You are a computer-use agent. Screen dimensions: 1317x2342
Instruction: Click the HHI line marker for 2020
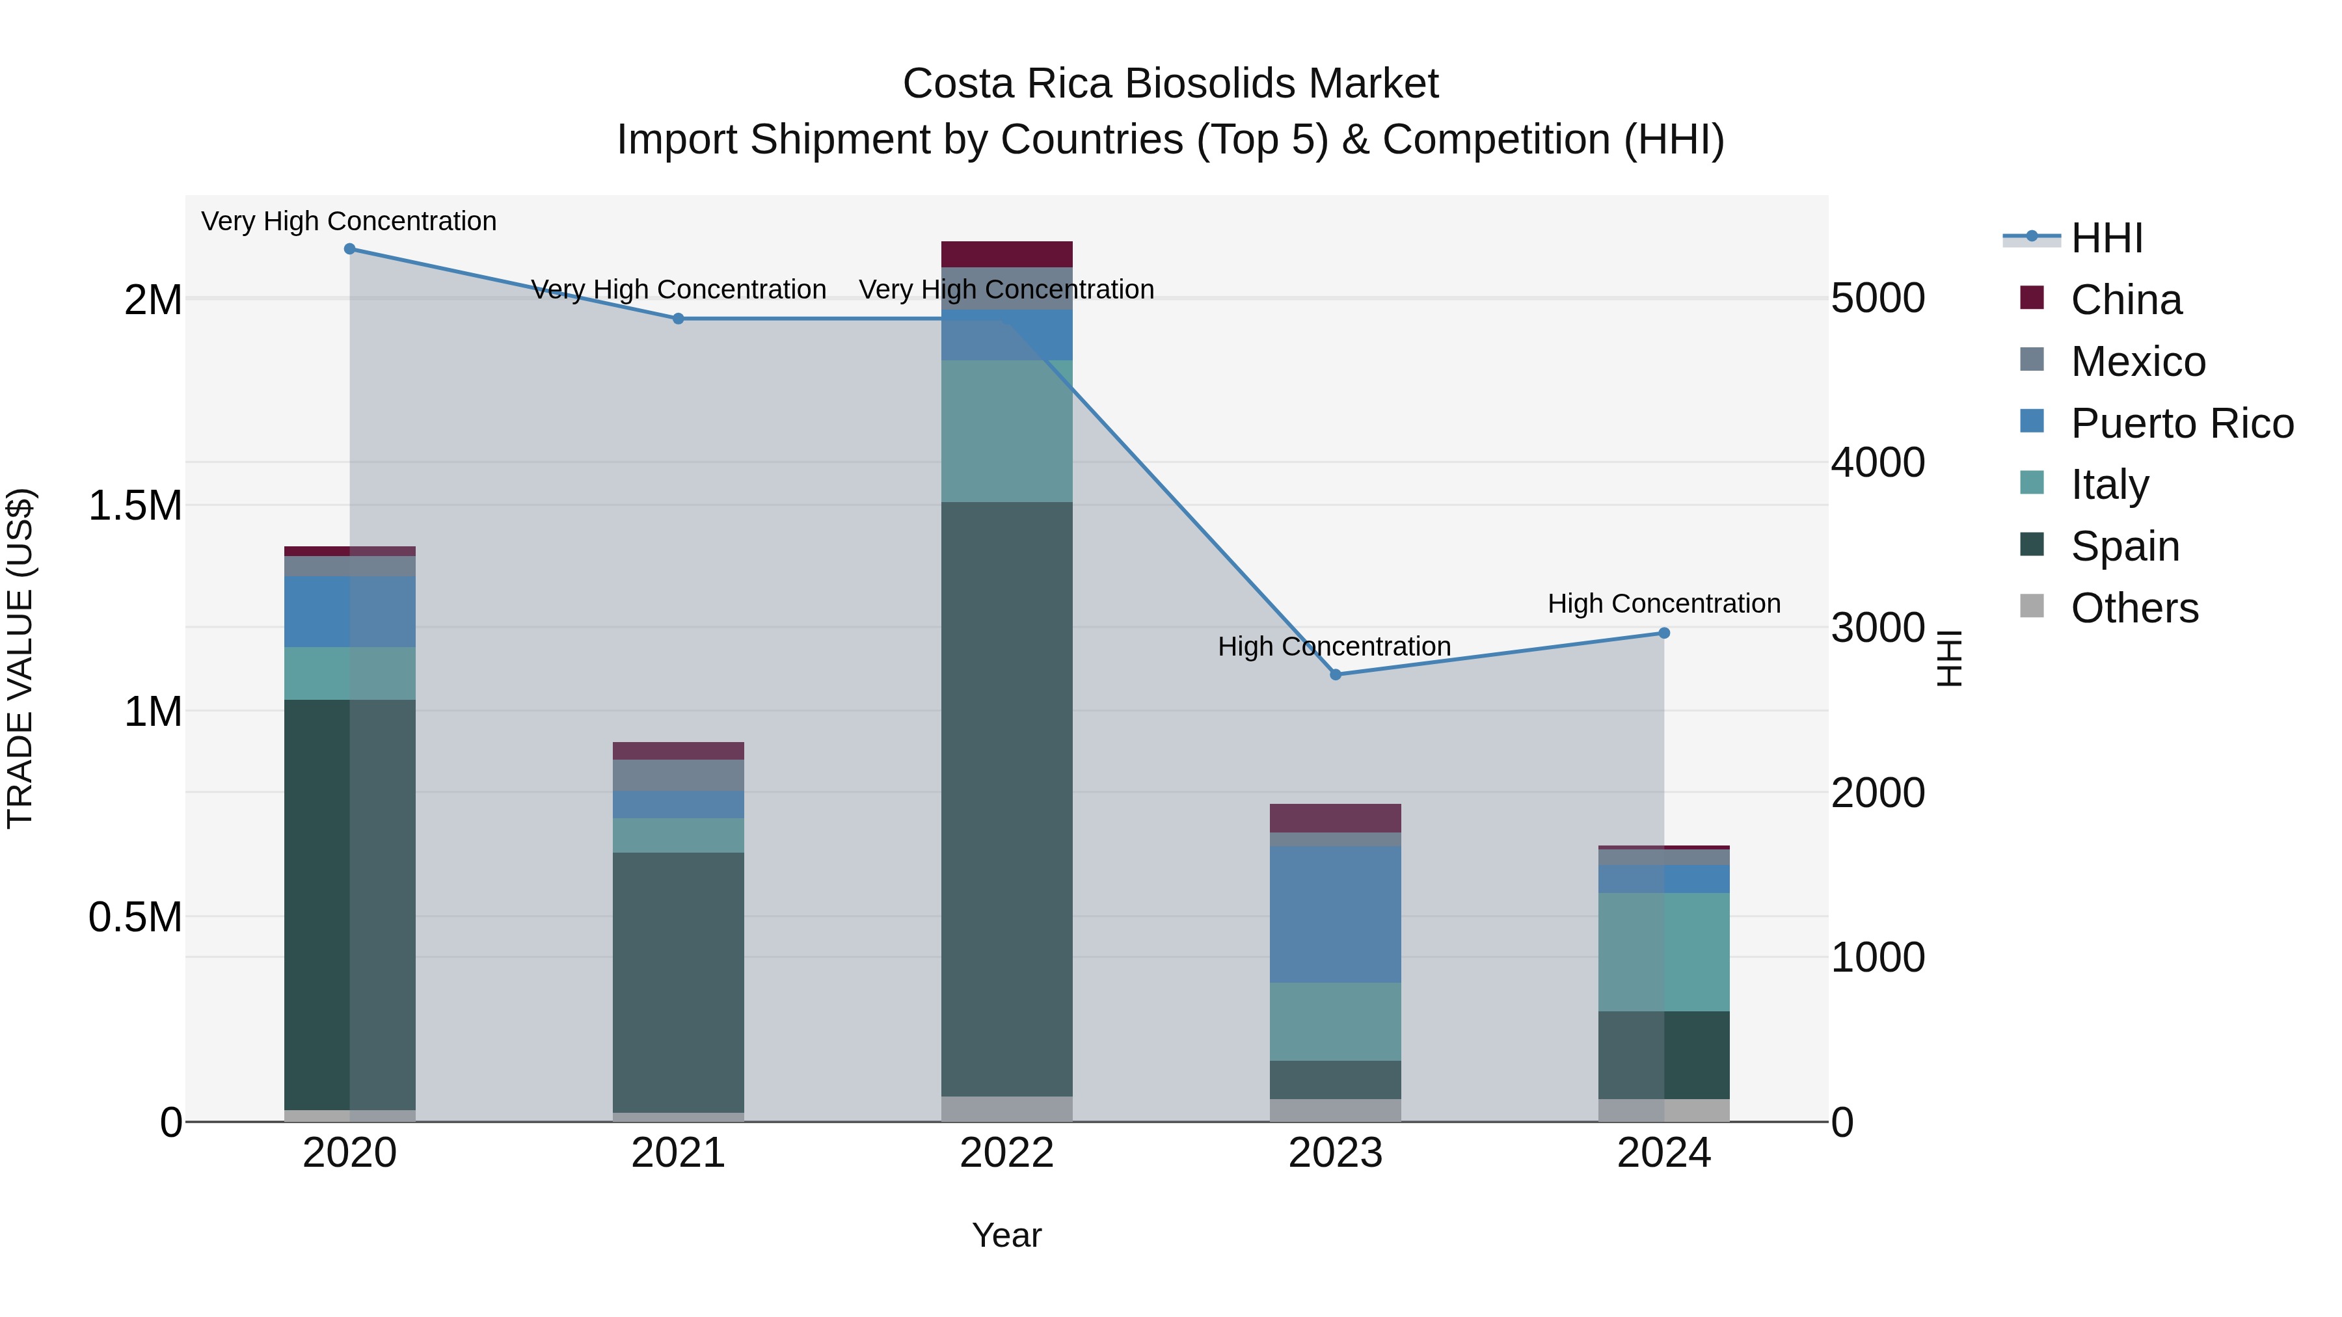349,249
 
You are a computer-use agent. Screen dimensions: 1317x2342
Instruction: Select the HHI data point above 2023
1336,674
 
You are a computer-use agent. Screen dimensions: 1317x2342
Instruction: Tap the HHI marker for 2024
1663,633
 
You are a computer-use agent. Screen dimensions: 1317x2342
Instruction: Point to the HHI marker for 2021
679,319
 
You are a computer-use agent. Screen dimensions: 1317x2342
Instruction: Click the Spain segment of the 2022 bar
1006,800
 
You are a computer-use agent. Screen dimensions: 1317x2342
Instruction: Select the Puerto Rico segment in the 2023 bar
1336,914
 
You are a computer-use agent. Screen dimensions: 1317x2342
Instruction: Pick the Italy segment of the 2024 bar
1663,951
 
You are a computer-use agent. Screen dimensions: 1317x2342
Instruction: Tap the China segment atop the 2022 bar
1006,254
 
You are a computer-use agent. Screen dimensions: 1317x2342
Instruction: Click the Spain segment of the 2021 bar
679,981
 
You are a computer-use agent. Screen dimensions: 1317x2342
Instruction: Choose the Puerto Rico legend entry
2181,423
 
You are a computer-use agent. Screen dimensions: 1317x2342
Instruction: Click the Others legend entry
2134,608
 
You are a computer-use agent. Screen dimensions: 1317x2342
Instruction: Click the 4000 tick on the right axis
1878,462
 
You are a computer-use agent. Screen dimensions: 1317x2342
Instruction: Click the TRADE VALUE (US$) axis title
20,658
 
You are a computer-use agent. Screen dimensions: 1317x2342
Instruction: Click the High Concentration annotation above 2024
1663,604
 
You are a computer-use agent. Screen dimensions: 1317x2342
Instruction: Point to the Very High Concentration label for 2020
349,221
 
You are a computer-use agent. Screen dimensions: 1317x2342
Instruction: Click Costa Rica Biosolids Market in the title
1170,84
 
